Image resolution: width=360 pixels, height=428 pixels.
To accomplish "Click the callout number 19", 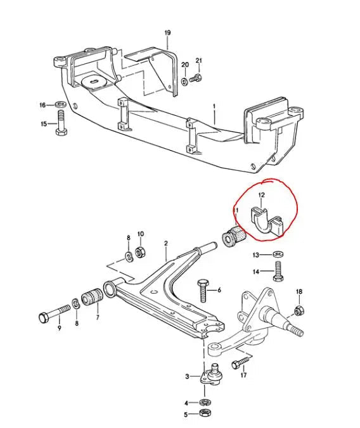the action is point(167,33).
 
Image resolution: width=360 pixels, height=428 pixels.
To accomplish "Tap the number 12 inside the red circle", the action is point(261,195).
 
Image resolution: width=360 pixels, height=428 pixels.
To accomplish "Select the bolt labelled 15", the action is point(61,123).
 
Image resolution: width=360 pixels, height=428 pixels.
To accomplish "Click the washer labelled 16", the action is point(60,104).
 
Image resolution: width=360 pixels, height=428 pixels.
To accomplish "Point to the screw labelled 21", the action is point(196,79).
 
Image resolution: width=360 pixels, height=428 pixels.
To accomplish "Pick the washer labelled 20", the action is point(185,81).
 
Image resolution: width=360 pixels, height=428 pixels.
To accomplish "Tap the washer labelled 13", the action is point(278,254).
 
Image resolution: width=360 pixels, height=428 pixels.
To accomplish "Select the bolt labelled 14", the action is point(278,271).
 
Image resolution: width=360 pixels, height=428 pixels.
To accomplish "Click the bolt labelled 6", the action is point(203,291).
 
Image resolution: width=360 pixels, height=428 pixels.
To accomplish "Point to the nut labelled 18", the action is point(299,310).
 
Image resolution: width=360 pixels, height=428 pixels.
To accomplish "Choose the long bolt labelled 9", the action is point(55,313).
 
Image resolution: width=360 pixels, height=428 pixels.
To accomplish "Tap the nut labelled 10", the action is point(140,251).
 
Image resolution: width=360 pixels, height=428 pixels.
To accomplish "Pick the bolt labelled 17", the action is point(241,362).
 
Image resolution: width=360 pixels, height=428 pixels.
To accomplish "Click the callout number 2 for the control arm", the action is point(166,243).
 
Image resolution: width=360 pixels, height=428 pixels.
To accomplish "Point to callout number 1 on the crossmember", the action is point(215,106).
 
